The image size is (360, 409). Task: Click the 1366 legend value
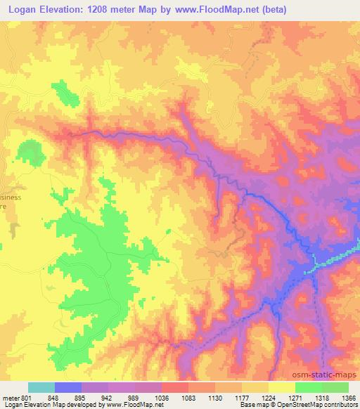(x=349, y=398)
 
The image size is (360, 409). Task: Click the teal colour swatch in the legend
(x=41, y=387)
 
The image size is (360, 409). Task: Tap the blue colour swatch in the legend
(x=68, y=387)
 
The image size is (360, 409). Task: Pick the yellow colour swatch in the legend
(x=281, y=387)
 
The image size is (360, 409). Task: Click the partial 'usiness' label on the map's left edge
(x=10, y=197)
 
